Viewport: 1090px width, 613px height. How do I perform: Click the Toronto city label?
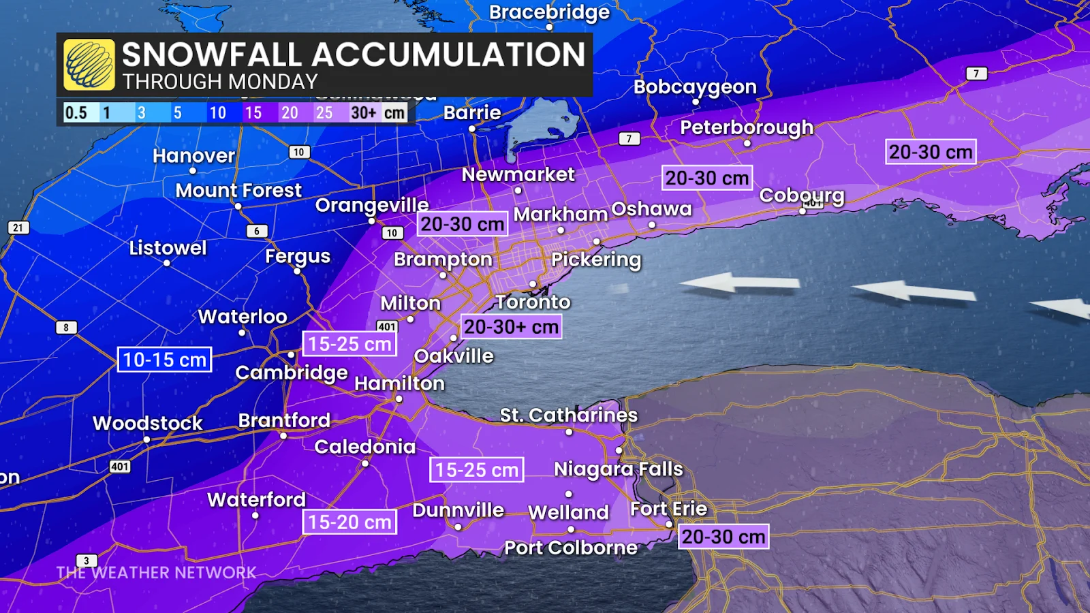532,302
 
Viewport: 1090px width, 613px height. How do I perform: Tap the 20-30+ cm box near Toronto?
511,327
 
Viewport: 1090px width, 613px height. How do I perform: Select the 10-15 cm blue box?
164,360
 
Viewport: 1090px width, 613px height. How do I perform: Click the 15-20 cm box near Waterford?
349,522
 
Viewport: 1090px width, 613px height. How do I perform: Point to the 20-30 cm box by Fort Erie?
723,537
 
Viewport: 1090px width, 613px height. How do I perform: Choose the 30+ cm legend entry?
377,113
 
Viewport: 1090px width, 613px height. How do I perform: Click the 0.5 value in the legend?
76,113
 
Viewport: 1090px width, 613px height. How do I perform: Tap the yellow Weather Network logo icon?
89,65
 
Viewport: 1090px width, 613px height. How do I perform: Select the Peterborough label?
747,127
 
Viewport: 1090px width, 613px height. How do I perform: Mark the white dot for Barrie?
471,129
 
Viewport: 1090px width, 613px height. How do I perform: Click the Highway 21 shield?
18,227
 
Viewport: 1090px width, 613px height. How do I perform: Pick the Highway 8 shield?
66,328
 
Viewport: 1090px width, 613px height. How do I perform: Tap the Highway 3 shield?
87,561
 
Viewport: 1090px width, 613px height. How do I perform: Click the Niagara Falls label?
618,469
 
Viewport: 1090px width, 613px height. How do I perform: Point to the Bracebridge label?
549,12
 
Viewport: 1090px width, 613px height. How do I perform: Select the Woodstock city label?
148,423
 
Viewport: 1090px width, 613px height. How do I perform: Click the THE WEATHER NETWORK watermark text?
156,573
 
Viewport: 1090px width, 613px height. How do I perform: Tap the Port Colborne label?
571,548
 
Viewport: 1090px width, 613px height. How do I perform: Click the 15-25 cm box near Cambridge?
349,344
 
